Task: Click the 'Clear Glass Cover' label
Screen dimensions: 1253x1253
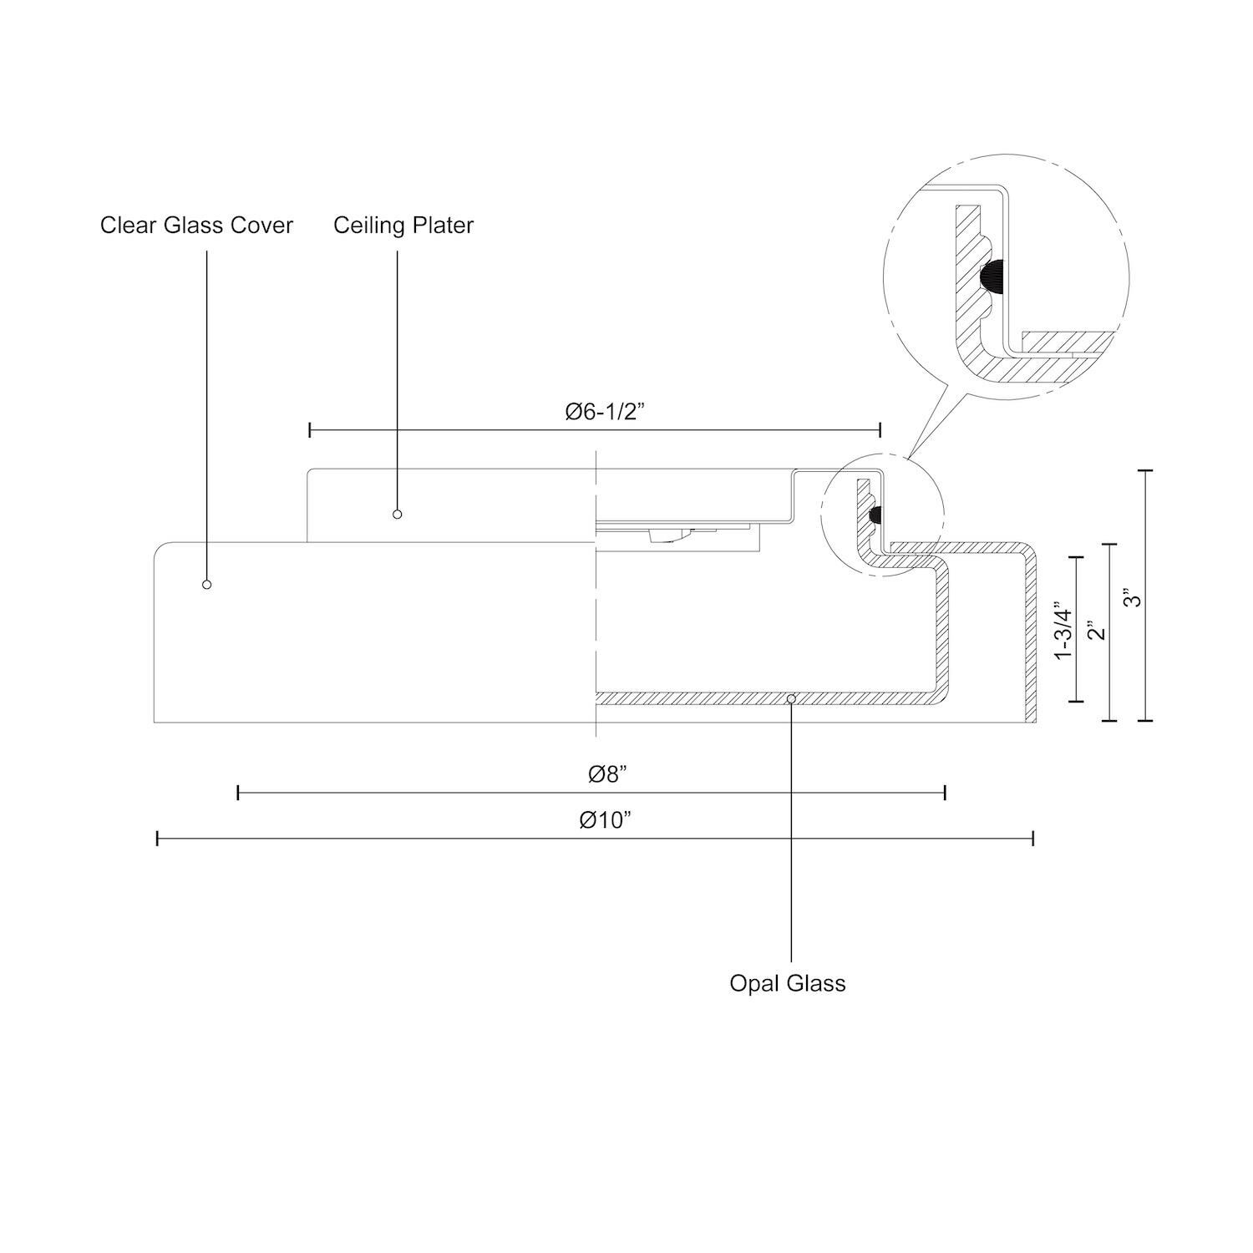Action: (x=196, y=226)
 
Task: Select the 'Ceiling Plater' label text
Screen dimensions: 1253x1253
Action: (x=403, y=226)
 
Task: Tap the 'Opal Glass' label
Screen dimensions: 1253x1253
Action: (x=787, y=983)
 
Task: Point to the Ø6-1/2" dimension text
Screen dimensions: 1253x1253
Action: (x=605, y=413)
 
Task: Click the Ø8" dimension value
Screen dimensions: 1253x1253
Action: (x=607, y=775)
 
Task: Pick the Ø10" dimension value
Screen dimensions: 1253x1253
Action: (x=605, y=820)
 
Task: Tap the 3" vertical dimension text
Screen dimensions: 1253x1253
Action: (x=1130, y=599)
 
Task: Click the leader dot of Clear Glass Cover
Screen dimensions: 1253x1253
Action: (x=207, y=585)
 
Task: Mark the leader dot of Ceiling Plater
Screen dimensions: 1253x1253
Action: (x=398, y=514)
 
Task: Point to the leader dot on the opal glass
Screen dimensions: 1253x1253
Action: (x=791, y=698)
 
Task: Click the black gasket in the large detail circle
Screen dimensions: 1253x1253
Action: (x=993, y=275)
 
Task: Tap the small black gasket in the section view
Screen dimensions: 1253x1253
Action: (x=875, y=517)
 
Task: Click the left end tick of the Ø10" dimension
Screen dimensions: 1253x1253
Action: (x=158, y=838)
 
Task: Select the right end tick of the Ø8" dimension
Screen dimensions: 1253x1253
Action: (x=945, y=793)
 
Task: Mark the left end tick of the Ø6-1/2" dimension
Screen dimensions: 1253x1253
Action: (x=310, y=430)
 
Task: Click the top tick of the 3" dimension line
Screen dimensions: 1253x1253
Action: (x=1144, y=471)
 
